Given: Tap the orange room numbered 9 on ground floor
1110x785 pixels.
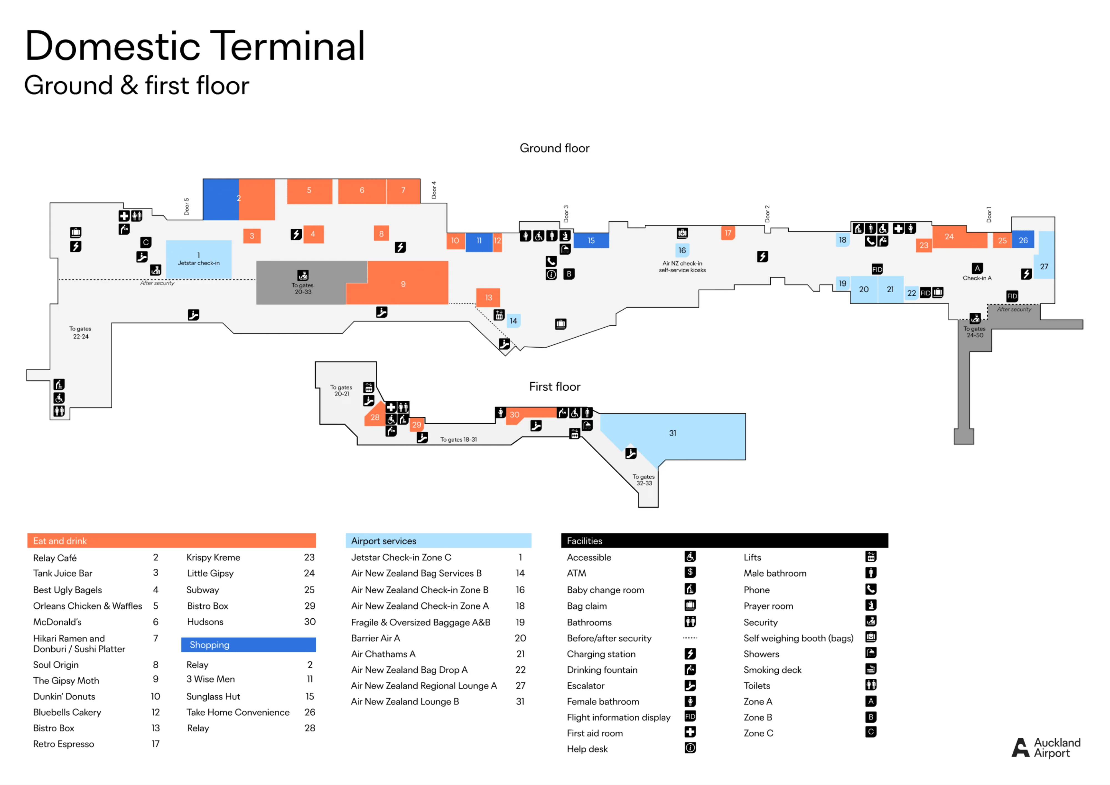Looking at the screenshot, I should coord(403,284).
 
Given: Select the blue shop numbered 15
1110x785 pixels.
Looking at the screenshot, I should coord(591,240).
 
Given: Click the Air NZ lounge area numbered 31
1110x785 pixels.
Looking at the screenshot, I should coord(672,433).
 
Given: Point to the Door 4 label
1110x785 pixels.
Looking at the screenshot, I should coord(434,190).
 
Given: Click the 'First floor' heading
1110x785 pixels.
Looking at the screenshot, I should coord(554,387).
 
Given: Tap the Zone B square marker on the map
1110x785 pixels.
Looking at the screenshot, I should coord(569,274).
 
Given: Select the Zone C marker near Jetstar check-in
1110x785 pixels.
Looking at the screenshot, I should coord(146,242).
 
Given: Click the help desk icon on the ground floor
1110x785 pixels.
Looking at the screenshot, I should coord(551,275).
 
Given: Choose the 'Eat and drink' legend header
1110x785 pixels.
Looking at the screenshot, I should coord(60,541).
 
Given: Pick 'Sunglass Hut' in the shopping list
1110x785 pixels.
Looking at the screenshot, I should coord(213,696).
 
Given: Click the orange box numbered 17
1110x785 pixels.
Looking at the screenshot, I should coord(728,233).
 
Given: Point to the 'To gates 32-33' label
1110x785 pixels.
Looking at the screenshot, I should coord(644,480).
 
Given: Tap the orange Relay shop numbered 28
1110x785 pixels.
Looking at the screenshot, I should coord(375,417).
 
